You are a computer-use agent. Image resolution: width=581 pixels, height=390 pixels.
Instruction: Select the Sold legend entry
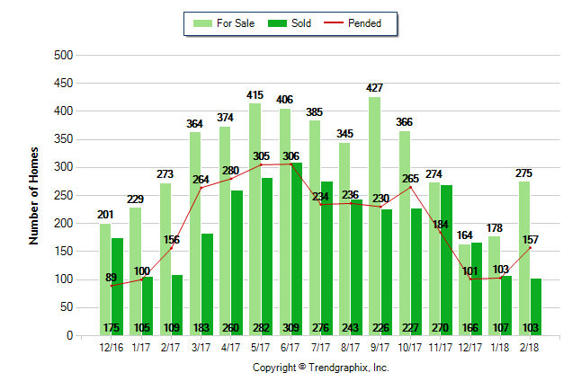pyautogui.click(x=290, y=23)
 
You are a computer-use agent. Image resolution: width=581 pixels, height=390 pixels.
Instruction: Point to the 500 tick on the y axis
pyautogui.click(x=62, y=56)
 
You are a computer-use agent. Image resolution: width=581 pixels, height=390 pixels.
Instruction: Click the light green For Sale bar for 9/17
pyautogui.click(x=374, y=216)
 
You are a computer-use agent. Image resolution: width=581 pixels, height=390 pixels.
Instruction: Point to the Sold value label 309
pyautogui.click(x=290, y=328)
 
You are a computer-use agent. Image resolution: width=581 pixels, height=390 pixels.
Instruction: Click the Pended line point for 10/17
pyautogui.click(x=410, y=187)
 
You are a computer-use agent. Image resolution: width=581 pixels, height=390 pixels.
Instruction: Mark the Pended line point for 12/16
pyautogui.click(x=112, y=286)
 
